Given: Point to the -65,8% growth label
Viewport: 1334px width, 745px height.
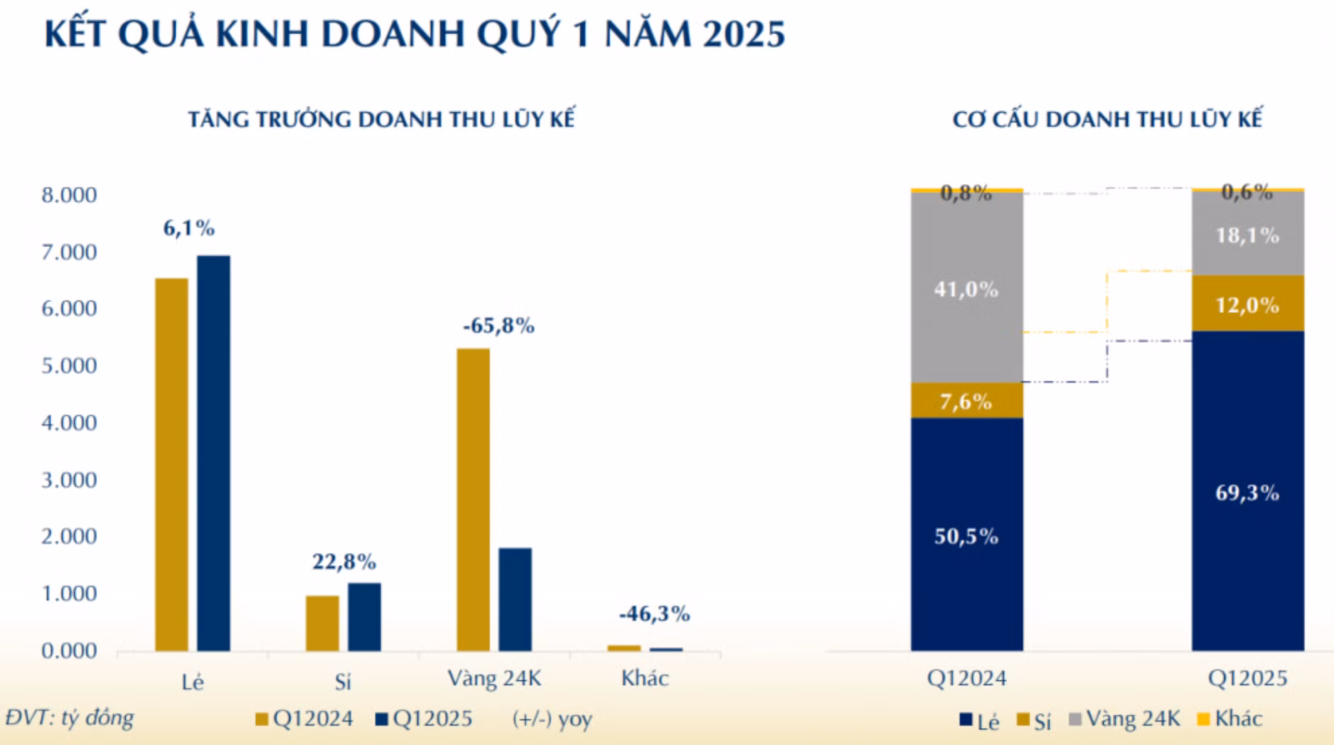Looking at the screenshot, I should (x=498, y=326).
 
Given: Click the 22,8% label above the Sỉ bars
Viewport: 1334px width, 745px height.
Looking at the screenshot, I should (x=344, y=562).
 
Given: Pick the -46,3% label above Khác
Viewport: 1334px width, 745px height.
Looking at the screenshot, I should (x=654, y=614).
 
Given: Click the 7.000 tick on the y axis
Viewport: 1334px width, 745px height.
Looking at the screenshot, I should (x=69, y=252).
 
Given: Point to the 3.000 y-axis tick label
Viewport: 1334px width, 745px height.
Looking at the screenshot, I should (x=69, y=480).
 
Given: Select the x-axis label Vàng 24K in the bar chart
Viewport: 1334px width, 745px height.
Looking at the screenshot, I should (x=494, y=678).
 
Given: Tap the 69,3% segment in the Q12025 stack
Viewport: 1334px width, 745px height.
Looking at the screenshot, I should (x=1247, y=492).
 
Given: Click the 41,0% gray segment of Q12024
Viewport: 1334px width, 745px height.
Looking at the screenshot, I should (x=966, y=289).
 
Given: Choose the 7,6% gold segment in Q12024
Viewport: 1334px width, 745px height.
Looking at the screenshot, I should (x=966, y=402).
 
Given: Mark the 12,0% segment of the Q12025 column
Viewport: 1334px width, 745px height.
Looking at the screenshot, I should (x=1247, y=305).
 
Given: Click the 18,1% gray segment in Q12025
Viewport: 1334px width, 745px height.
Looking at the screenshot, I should (x=1247, y=235).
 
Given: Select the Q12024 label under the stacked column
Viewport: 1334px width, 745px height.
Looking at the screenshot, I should (x=966, y=678).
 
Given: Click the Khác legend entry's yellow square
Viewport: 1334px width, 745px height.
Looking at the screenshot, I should (x=1203, y=719).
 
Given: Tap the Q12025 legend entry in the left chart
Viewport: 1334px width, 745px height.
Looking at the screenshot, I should (x=424, y=719).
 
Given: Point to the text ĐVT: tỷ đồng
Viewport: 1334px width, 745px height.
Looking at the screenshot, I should (x=70, y=718).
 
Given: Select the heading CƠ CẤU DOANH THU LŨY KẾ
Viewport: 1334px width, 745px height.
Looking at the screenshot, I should (x=1107, y=119).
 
